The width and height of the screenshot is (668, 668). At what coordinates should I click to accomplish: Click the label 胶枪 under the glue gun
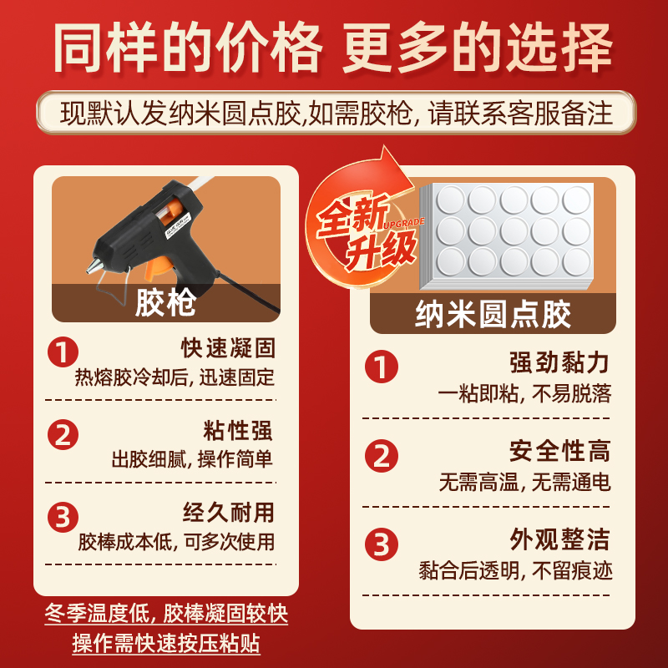(x=166, y=302)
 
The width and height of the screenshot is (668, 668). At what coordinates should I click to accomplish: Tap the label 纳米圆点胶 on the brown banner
(x=493, y=315)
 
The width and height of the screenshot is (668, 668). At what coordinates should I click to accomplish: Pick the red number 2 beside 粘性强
(x=63, y=435)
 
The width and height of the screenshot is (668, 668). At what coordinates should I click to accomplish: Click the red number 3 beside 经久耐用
(x=63, y=517)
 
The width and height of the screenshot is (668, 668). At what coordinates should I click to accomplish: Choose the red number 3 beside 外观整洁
(x=382, y=544)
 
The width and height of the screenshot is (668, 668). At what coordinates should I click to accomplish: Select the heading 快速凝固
(x=228, y=347)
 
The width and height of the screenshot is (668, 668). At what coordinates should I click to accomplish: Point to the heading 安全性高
(x=559, y=452)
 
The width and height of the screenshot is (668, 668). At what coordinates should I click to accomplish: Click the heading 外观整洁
(x=559, y=539)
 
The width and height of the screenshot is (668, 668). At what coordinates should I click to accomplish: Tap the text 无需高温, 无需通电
(x=524, y=482)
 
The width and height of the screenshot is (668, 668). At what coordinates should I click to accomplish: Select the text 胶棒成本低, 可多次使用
(x=176, y=542)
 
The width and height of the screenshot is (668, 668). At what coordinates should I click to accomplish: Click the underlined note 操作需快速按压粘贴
(x=166, y=645)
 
